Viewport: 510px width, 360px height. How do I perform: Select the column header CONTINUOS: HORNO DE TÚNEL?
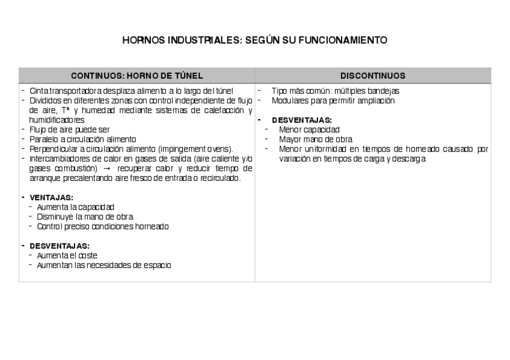click(x=137, y=76)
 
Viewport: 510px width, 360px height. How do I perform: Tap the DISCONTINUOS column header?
click(x=373, y=76)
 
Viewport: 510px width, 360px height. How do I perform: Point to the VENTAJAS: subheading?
click(x=52, y=197)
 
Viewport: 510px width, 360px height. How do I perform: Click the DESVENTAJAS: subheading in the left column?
click(x=60, y=246)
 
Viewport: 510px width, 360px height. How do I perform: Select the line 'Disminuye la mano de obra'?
click(x=85, y=216)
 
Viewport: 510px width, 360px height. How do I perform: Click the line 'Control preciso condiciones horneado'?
click(x=103, y=227)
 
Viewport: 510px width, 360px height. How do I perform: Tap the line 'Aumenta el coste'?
click(x=67, y=255)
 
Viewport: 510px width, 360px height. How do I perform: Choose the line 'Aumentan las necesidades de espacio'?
click(x=103, y=265)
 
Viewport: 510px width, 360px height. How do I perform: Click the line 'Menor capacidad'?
click(x=309, y=129)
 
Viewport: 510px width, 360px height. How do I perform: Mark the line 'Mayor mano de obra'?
click(x=316, y=139)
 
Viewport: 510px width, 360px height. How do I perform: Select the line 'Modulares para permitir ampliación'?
click(x=333, y=100)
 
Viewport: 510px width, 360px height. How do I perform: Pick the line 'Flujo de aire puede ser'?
click(x=70, y=130)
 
